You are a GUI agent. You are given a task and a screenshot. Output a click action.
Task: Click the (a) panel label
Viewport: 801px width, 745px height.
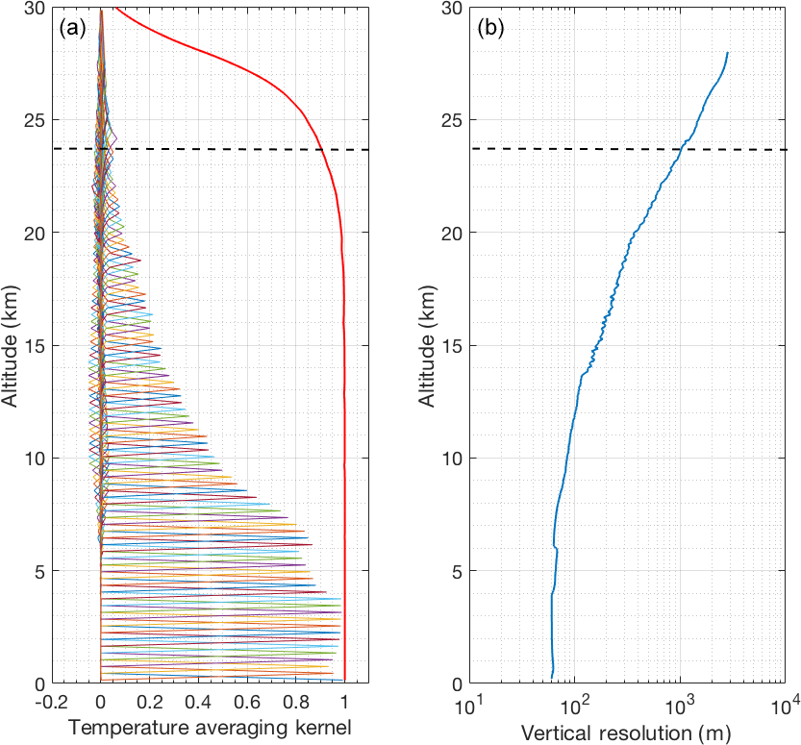74,28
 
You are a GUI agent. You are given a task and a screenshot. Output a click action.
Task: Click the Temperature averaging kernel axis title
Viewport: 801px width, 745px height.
210,731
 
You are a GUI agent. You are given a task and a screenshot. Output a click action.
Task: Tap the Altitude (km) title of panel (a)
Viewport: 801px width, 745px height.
12,345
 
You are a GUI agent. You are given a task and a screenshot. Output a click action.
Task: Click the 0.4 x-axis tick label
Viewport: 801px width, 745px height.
198,704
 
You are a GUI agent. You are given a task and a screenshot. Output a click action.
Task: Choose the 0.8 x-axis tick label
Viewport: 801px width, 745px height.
296,704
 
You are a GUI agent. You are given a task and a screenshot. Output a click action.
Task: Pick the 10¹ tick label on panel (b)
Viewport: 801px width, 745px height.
470,707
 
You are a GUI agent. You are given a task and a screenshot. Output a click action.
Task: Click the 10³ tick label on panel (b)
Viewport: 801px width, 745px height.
680,707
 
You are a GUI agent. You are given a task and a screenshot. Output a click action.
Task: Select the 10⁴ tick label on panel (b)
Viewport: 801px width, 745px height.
785,707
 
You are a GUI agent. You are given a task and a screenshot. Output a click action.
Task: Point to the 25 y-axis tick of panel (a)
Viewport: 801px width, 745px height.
32,120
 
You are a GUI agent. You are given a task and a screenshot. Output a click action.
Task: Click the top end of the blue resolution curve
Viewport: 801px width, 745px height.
727,53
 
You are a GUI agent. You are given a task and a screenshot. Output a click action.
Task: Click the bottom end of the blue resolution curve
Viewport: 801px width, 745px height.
552,677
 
